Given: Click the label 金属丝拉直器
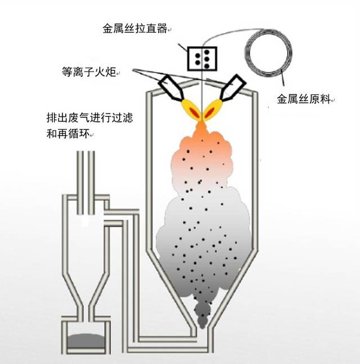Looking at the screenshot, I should (135, 29).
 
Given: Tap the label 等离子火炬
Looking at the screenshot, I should (90, 72).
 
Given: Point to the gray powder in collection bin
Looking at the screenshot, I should (85, 341).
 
